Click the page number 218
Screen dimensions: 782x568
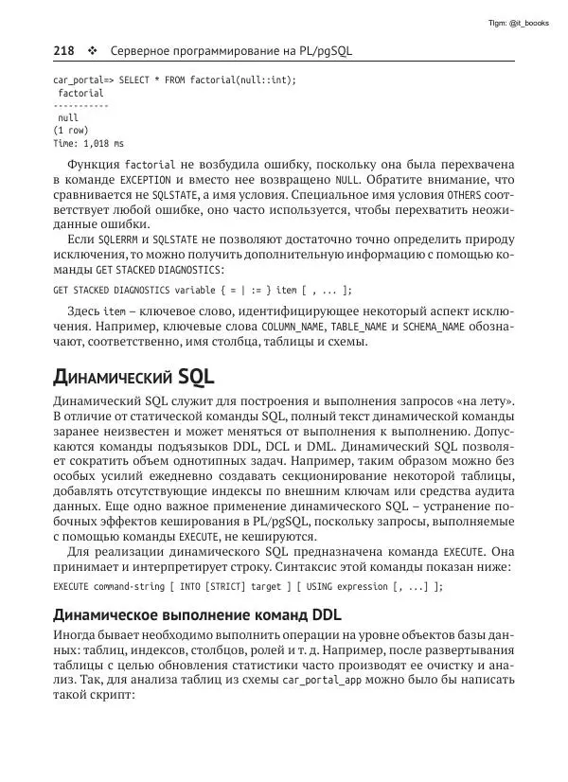pos(63,50)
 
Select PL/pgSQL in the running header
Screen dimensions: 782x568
pos(322,50)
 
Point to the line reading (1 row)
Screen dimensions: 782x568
pos(72,131)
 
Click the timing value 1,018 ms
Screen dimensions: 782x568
pos(101,144)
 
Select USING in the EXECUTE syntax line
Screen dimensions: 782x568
pos(316,586)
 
